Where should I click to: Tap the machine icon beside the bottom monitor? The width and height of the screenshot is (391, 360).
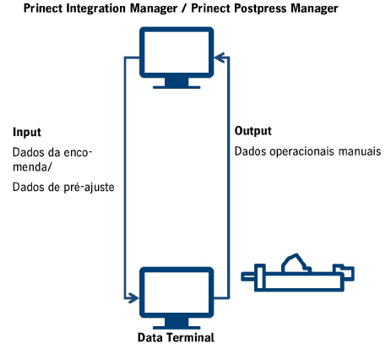tap(297, 272)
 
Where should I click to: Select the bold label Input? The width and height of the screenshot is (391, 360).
tap(27, 134)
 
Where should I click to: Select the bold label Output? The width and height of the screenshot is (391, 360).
tap(253, 132)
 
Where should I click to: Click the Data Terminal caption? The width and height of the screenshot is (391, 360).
tap(176, 338)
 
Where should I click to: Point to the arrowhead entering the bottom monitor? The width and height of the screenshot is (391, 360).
tap(133, 297)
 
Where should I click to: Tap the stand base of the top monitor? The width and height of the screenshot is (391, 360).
tap(176, 85)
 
